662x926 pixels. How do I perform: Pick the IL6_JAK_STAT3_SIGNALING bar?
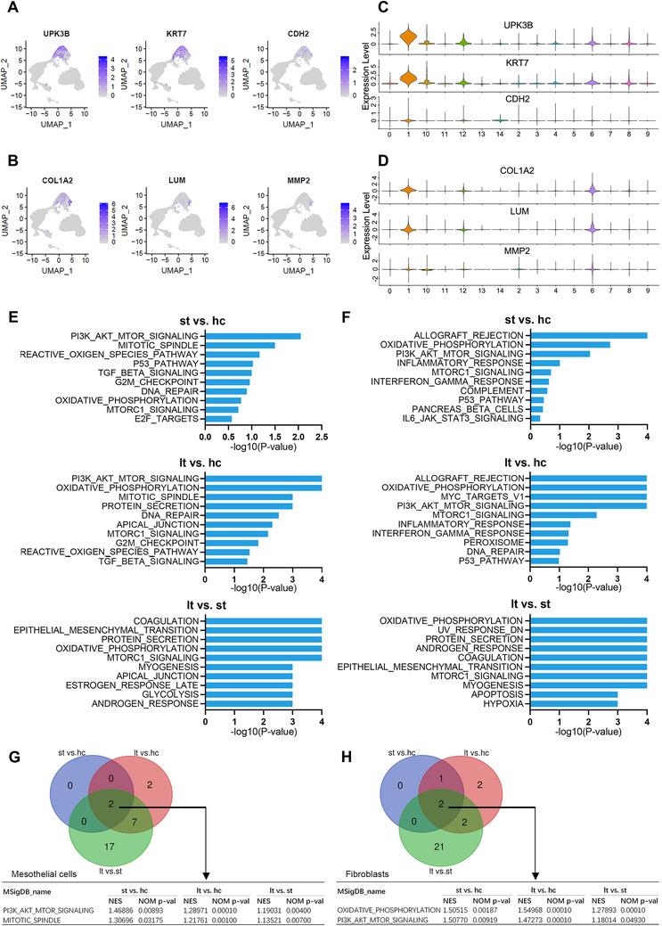pyautogui.click(x=535, y=418)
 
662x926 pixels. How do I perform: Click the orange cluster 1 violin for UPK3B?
pyautogui.click(x=408, y=37)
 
